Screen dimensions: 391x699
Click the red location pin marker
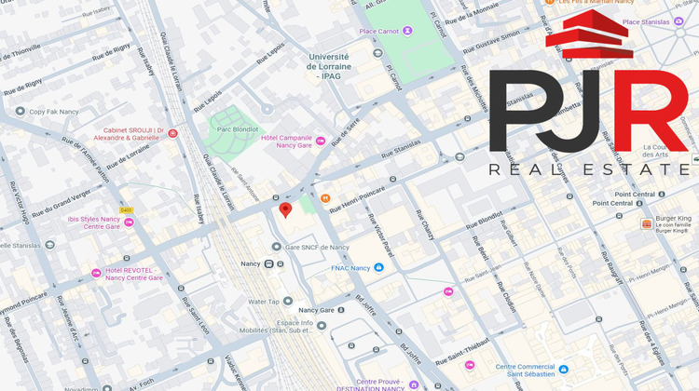286,209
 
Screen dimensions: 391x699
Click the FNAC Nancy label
350,268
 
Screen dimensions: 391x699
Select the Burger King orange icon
646,224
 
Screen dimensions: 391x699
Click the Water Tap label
264,302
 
